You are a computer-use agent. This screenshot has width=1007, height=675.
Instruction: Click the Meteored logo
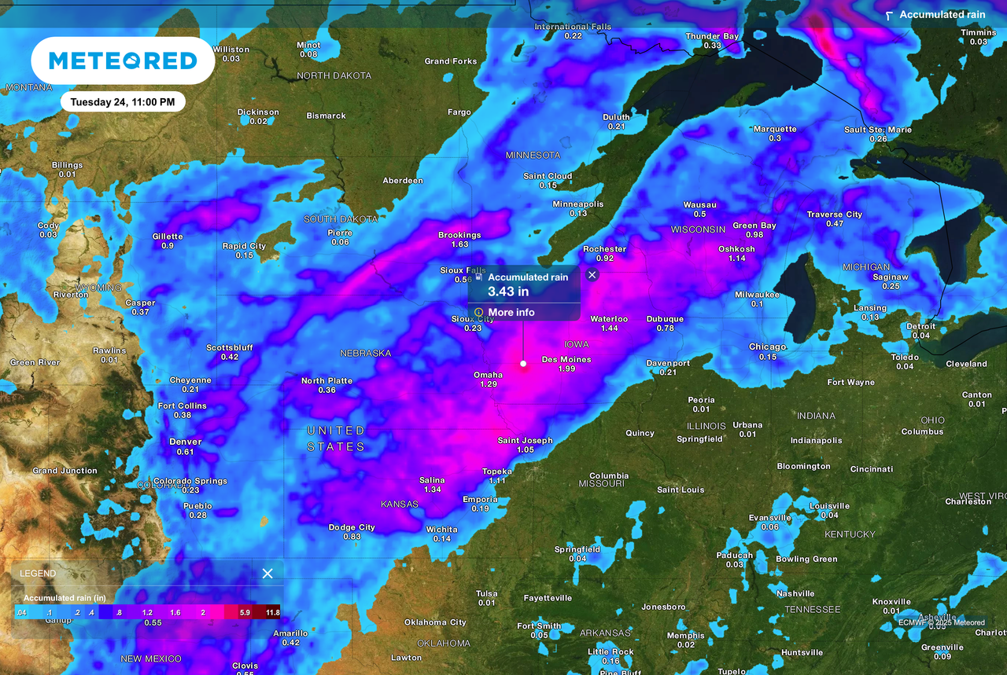click(x=123, y=61)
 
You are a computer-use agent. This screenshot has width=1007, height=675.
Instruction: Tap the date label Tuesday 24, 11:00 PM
click(x=123, y=102)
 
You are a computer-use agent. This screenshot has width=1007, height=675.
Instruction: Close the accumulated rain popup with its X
click(x=592, y=275)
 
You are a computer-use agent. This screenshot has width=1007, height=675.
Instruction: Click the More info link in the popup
click(x=511, y=313)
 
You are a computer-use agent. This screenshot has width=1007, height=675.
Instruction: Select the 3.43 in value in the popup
click(x=508, y=292)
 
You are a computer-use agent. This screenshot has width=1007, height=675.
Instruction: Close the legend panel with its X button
click(x=267, y=574)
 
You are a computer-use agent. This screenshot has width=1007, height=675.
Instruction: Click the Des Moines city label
click(x=566, y=360)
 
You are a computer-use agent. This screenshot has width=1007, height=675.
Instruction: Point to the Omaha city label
click(x=488, y=375)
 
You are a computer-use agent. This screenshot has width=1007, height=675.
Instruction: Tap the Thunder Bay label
click(x=712, y=36)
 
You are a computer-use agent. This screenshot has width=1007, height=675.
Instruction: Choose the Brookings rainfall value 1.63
click(x=460, y=244)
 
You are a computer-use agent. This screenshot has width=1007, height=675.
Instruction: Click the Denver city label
click(x=186, y=442)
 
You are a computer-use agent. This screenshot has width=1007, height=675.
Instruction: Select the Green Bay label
click(x=754, y=226)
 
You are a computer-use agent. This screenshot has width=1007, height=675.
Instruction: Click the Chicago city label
click(x=767, y=347)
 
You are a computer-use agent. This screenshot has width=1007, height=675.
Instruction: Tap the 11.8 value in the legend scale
click(x=272, y=611)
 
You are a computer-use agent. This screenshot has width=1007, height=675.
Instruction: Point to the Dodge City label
click(x=352, y=527)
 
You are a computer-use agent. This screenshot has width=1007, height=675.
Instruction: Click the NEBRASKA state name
click(x=365, y=354)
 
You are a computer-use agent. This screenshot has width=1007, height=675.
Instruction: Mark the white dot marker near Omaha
click(x=523, y=364)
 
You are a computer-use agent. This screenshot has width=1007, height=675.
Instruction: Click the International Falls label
click(x=573, y=27)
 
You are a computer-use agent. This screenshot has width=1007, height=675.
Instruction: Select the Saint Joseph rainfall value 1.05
click(x=526, y=450)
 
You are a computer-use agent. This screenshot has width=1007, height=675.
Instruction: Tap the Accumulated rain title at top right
click(x=942, y=15)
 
